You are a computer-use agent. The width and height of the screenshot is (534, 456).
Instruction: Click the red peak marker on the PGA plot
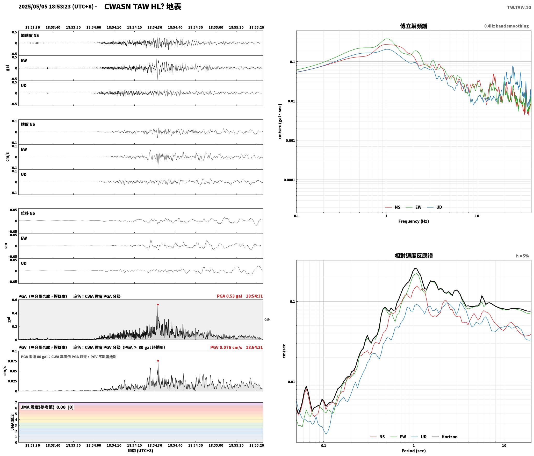(x=158, y=305)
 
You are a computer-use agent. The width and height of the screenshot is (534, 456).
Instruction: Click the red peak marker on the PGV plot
(x=158, y=361)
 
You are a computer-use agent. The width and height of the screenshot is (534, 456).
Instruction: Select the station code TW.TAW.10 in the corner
(x=519, y=8)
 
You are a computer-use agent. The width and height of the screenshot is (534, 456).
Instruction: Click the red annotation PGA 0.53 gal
(x=229, y=296)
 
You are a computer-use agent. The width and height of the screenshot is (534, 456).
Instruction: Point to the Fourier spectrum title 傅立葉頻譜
(x=414, y=26)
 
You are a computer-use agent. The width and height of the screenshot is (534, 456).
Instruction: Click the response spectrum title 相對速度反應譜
(x=414, y=256)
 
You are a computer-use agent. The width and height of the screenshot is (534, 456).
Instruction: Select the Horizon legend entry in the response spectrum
(x=445, y=437)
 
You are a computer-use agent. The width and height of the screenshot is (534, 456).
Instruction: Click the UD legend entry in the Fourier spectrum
(x=435, y=207)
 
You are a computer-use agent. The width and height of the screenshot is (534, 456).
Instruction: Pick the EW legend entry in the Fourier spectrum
(x=414, y=207)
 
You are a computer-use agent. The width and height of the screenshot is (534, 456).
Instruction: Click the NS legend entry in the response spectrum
(x=377, y=437)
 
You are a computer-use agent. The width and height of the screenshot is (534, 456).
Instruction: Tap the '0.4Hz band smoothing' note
(x=507, y=26)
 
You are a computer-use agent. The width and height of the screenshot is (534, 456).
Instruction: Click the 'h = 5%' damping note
(x=522, y=256)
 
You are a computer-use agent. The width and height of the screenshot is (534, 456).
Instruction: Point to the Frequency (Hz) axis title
(x=414, y=221)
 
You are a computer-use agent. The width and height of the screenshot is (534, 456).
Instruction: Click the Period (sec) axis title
(x=414, y=451)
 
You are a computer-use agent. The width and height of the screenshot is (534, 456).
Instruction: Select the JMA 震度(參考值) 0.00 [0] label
(x=47, y=407)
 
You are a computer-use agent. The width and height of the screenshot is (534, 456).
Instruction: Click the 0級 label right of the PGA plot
(x=267, y=320)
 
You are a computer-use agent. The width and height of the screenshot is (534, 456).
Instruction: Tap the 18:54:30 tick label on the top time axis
(x=155, y=27)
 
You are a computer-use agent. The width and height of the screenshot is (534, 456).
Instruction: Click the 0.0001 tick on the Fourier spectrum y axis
(x=289, y=180)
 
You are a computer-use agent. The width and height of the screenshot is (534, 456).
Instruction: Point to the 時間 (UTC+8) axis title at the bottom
(x=141, y=451)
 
